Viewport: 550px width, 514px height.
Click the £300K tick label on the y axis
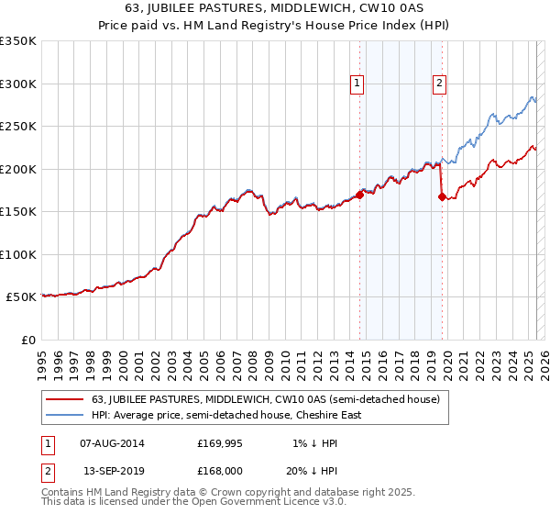[x=18, y=84]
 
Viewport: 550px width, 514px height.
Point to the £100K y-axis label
[x=18, y=254]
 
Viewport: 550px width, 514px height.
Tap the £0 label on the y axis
[x=27, y=340]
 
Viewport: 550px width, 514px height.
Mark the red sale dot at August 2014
[x=359, y=195]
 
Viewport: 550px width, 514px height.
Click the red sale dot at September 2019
[x=442, y=196]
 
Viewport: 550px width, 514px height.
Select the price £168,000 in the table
[x=226, y=470]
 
